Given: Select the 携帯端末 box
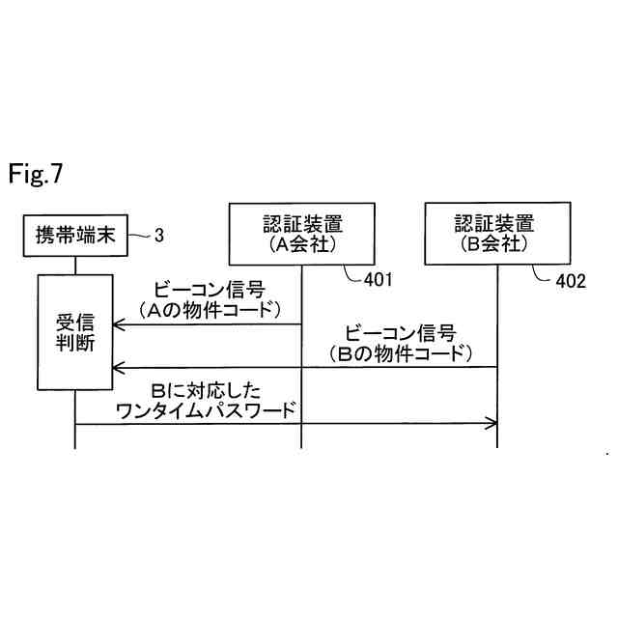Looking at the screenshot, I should [75, 235].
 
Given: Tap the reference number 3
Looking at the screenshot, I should [160, 234].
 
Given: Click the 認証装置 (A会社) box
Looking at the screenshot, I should [301, 234].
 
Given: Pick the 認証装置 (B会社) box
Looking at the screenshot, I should [496, 234].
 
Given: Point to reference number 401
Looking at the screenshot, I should [379, 280].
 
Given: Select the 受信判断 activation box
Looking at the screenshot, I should [75, 334].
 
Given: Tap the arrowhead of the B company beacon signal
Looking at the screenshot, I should [117, 366].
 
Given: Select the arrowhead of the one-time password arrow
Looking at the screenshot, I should [492, 422].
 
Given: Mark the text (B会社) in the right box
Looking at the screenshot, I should [496, 245].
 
